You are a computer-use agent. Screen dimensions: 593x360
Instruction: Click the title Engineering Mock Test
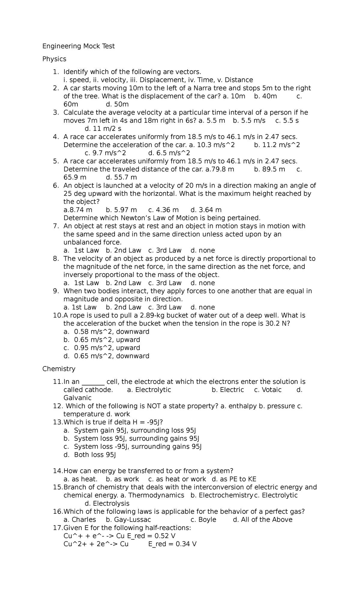pos(78,46)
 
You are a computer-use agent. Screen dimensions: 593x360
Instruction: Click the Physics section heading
pos(54,59)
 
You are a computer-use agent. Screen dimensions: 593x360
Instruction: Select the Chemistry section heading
pos(59,369)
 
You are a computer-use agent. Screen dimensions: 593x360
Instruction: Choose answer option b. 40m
pos(265,96)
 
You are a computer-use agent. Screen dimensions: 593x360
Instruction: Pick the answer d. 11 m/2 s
pos(103,129)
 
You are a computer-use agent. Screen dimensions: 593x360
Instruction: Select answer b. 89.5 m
pos(269,169)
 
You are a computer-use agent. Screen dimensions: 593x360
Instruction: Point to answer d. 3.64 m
pos(206,210)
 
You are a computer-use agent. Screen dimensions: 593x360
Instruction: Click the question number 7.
pos(56,226)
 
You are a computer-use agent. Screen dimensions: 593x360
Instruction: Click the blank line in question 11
pos(93,382)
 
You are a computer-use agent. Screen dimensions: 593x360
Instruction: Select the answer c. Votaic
pos(268,390)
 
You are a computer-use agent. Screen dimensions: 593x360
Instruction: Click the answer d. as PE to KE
pos(234,479)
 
